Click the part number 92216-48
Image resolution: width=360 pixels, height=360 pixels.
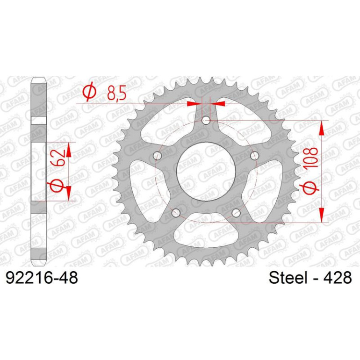point(42,278)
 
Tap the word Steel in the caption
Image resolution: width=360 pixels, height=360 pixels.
point(288,278)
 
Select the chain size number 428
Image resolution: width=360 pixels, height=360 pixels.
point(338,278)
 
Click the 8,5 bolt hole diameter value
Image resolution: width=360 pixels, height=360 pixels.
point(116,94)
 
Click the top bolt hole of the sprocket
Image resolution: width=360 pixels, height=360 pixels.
point(206,120)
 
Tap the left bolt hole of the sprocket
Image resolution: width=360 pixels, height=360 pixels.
point(157,155)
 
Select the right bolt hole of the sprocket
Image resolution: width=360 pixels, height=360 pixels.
point(254,155)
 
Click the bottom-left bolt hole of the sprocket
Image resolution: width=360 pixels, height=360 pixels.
point(176,213)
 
